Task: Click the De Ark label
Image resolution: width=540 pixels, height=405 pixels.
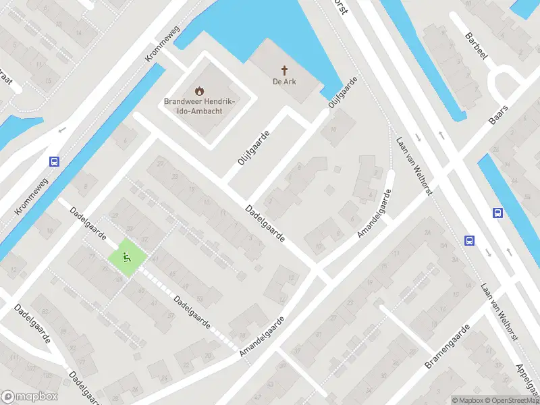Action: pos(285,82)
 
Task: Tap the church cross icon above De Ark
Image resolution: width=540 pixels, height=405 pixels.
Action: pos(285,70)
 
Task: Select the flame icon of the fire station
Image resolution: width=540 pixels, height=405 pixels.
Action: pos(199,90)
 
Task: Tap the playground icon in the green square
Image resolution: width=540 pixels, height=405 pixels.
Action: pos(127,257)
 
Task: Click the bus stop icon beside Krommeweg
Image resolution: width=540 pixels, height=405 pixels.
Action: pos(54,161)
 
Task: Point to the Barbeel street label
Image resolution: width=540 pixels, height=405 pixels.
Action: pos(476,45)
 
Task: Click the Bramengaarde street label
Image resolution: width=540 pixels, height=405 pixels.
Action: pos(446,347)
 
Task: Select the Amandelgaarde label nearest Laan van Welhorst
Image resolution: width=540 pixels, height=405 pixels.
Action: pos(375,213)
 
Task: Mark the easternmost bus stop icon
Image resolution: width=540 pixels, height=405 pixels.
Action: pos(498,213)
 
